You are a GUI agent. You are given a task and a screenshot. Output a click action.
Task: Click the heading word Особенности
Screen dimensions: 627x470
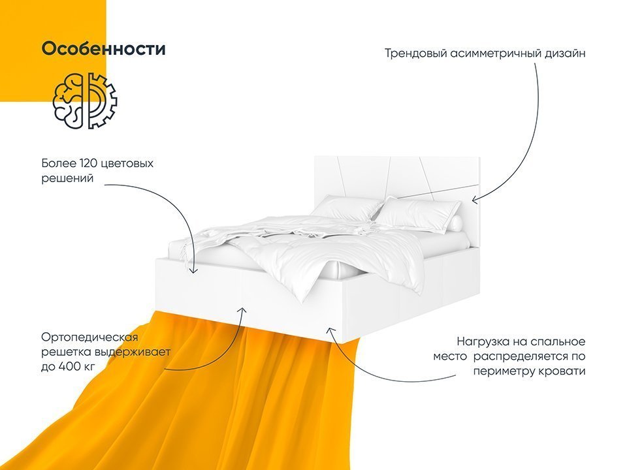tap(103, 49)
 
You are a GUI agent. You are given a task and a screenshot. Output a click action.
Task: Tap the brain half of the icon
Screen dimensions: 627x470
tap(68, 101)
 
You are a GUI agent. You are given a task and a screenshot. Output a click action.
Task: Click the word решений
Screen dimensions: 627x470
tap(67, 179)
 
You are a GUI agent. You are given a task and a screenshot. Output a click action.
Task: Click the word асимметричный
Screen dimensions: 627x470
tap(496, 54)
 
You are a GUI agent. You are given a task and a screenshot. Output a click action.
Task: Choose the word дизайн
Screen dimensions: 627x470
tap(564, 54)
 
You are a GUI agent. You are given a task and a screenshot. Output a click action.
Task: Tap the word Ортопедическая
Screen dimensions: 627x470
tap(89, 337)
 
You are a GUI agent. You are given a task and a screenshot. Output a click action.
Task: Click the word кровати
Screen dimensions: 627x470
tap(562, 371)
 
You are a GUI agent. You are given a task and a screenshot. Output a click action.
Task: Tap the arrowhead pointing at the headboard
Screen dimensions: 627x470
tap(474, 199)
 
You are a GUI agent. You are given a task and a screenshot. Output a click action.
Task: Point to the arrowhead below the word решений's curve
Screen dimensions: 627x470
tap(193, 270)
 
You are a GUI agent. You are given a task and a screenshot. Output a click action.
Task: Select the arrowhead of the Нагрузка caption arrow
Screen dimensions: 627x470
tap(330, 330)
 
